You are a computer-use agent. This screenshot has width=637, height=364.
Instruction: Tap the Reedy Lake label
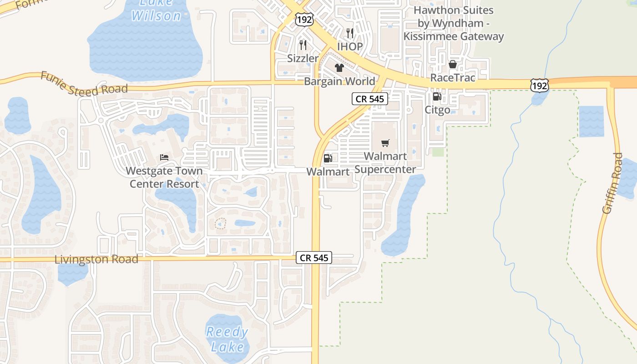tap(227, 339)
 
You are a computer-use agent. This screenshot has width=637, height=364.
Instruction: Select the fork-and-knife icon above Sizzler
tap(303, 45)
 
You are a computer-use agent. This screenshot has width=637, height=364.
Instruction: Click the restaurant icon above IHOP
tap(350, 33)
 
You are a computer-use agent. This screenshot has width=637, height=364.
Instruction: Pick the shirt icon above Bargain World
tap(339, 68)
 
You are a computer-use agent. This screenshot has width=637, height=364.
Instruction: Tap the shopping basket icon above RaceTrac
tap(452, 64)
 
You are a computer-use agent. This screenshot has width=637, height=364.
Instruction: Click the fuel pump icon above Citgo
tap(437, 96)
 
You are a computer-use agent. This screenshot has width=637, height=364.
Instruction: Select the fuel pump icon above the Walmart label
tap(328, 158)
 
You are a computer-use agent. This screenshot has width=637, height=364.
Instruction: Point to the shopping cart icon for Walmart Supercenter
tap(385, 143)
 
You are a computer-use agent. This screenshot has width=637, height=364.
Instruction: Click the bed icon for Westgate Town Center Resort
tap(164, 157)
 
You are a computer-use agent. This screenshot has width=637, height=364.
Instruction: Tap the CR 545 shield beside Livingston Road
tap(314, 258)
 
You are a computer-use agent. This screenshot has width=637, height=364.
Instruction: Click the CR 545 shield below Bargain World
tap(370, 99)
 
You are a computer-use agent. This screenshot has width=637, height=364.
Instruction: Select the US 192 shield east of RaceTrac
tap(539, 85)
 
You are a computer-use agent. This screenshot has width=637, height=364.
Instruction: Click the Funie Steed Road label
tap(84, 83)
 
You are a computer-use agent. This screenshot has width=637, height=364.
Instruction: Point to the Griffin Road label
tap(612, 183)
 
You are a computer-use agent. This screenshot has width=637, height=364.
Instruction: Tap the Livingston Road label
tap(96, 259)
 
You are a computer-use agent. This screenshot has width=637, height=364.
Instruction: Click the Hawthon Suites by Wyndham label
tap(454, 23)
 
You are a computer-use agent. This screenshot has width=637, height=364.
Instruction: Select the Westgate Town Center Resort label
tap(164, 177)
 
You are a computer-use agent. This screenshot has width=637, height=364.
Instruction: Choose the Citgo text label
tap(437, 110)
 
